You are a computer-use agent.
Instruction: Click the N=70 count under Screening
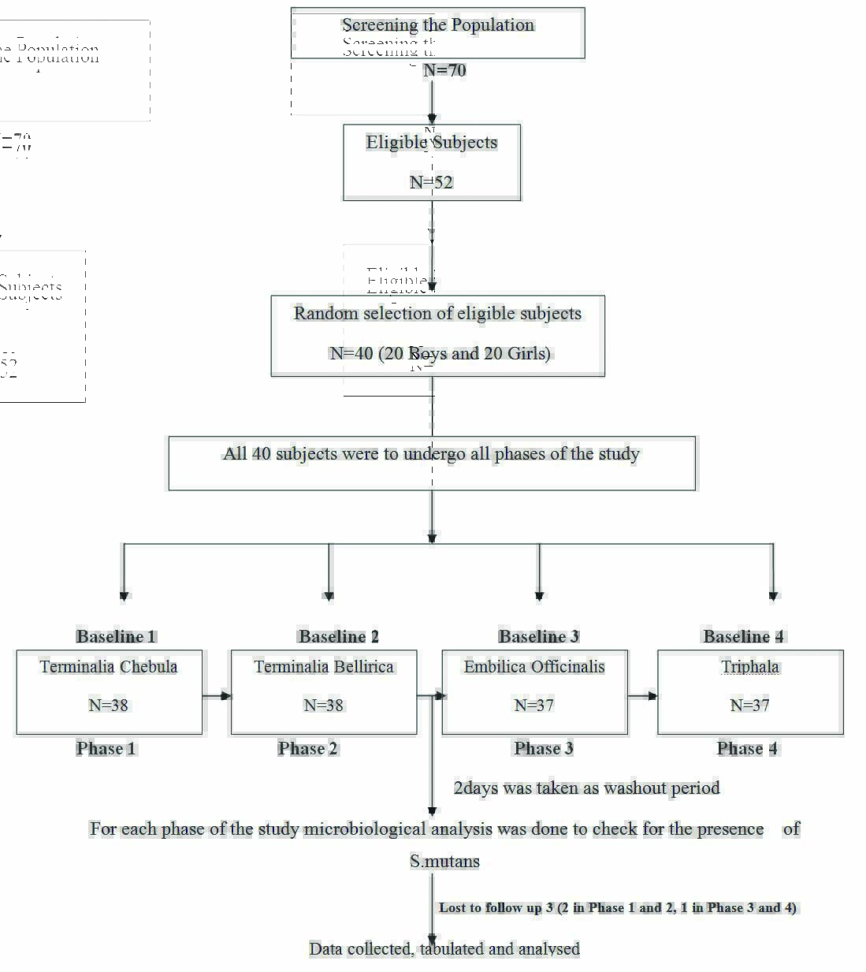tap(444, 70)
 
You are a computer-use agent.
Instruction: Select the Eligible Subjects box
tap(432, 162)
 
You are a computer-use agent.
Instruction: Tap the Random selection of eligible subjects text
tap(437, 313)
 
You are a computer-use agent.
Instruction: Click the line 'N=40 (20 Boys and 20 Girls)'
tap(440, 353)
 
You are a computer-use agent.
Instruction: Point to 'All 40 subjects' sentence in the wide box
tap(431, 454)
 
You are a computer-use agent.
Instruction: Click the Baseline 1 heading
tap(116, 636)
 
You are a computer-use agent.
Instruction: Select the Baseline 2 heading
tap(338, 636)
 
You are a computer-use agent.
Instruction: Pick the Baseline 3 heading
tap(538, 636)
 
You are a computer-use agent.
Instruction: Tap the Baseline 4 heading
tap(743, 636)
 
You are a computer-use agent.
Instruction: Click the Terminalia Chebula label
tap(109, 667)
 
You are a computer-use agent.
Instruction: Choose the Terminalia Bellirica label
tap(324, 667)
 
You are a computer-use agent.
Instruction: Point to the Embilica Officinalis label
tap(534, 667)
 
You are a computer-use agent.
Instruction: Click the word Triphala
tap(750, 667)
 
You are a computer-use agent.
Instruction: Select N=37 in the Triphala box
tap(749, 706)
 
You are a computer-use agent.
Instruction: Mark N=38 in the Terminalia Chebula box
tap(108, 706)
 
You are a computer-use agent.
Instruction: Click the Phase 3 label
tap(543, 748)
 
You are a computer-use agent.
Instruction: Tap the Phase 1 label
tap(106, 748)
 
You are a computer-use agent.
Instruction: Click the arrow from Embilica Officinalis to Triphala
tap(642, 696)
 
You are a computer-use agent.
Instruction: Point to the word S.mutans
tap(444, 861)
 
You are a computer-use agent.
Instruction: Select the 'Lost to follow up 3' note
tap(617, 907)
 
